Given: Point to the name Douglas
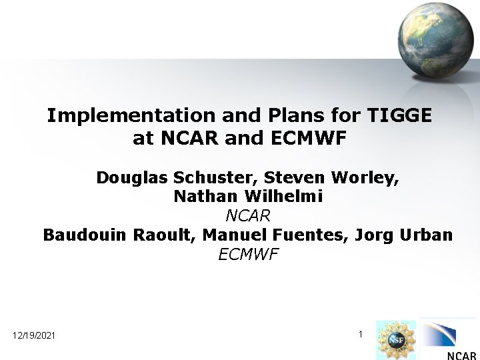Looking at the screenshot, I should [x=131, y=178].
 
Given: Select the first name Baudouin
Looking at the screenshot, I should [x=83, y=235].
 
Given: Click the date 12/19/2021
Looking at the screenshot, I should [x=34, y=335].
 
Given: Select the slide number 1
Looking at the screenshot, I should [x=360, y=333].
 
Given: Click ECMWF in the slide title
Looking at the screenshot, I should [x=311, y=139].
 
